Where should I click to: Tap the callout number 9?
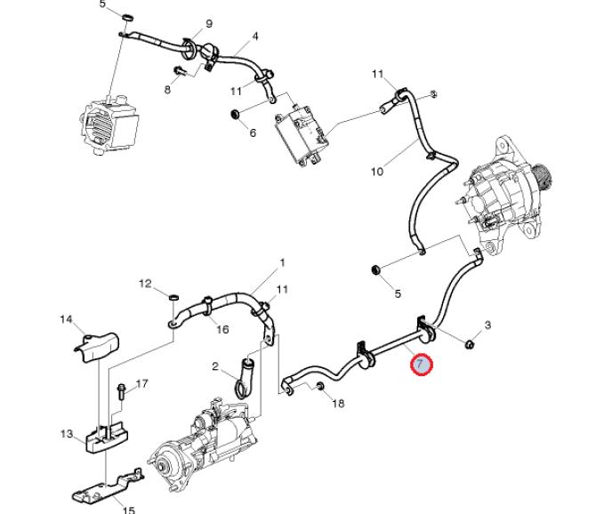pyautogui.click(x=209, y=23)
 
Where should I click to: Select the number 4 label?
pyautogui.click(x=255, y=36)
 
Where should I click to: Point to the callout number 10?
pyautogui.click(x=377, y=172)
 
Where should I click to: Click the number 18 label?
pyautogui.click(x=338, y=404)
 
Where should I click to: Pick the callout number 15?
pyautogui.click(x=128, y=510)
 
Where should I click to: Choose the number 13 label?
pyautogui.click(x=66, y=434)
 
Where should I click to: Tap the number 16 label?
pyautogui.click(x=222, y=330)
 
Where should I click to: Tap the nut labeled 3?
pyautogui.click(x=471, y=343)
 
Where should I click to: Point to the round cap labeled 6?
pyautogui.click(x=236, y=115)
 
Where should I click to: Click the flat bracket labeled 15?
pyautogui.click(x=102, y=487)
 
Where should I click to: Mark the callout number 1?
pyautogui.click(x=282, y=262)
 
